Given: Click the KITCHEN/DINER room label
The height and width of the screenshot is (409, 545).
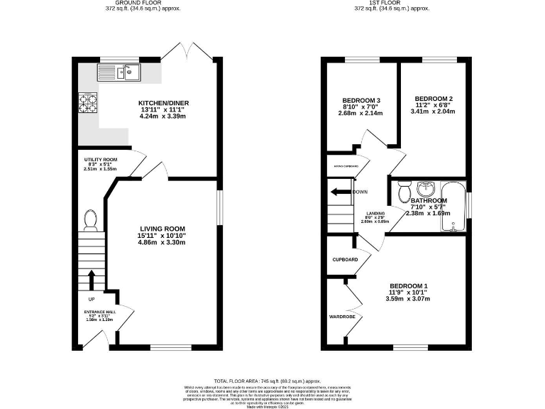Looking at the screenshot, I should (x=164, y=103).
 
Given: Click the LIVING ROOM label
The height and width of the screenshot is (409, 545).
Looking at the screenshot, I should (x=162, y=229).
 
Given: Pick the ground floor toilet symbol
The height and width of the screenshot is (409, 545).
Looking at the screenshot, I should (x=90, y=220).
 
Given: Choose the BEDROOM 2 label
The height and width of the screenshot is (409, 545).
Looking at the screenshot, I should (x=434, y=98).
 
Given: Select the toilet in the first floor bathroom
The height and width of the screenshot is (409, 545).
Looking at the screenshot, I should (x=405, y=192).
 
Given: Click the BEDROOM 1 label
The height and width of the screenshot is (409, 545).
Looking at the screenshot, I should (x=408, y=286).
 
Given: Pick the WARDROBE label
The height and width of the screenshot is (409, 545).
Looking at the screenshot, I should (x=341, y=316).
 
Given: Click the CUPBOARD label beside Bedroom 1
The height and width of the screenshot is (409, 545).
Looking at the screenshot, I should (x=345, y=260).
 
